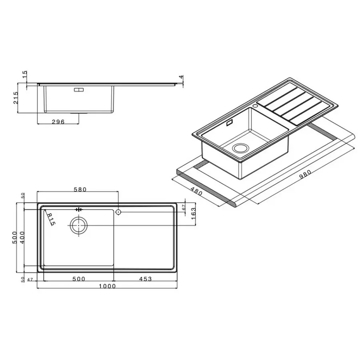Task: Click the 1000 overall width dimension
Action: tap(108, 286)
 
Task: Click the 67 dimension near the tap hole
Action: tap(184, 208)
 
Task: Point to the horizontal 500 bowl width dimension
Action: tap(78, 279)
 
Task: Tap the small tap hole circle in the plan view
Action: tap(118, 210)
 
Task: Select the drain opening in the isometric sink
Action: tap(240, 148)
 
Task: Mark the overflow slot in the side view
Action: tap(78, 90)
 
